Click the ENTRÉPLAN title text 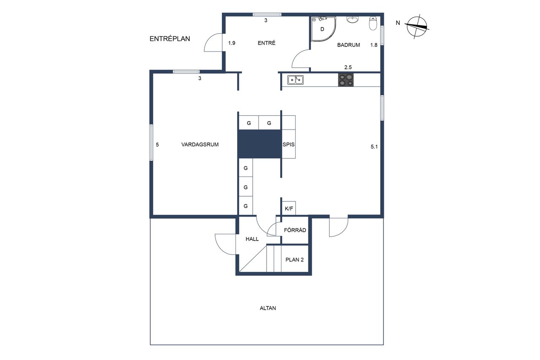170,38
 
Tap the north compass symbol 417,27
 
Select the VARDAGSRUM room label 200,144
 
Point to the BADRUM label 348,45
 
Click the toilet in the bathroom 373,23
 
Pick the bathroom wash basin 353,19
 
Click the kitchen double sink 295,80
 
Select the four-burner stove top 346,80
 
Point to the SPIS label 289,144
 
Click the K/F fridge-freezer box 289,208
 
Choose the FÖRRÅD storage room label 295,230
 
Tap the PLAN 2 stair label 294,260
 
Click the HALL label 252,239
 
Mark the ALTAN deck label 268,308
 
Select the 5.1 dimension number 374,146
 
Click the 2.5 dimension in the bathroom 348,67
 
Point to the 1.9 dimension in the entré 232,43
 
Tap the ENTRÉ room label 266,43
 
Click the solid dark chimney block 260,144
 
